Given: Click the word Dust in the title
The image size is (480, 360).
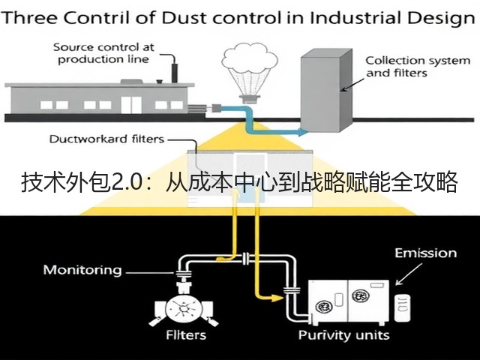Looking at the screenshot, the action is [x=184, y=18].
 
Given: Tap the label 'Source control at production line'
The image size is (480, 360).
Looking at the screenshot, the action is [x=103, y=53].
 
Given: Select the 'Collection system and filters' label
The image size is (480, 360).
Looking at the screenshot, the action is [x=418, y=67].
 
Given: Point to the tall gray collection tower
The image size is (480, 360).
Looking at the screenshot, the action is [x=326, y=90].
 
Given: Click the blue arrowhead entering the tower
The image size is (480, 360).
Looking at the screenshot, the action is [x=303, y=132].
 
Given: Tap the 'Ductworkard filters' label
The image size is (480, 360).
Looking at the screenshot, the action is [x=106, y=139].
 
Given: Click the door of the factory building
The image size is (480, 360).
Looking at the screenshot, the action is [x=131, y=105].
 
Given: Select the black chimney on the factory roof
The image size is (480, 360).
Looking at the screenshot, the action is [x=175, y=73].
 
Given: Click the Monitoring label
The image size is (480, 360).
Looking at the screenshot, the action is [x=82, y=270].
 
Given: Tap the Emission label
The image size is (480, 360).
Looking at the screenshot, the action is [x=425, y=253].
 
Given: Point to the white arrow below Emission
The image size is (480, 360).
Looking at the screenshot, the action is [x=409, y=274].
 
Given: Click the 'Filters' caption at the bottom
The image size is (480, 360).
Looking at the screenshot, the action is [x=186, y=335].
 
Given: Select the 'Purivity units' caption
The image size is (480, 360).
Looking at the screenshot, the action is [x=343, y=335].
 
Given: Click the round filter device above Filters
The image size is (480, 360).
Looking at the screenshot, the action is [x=184, y=310].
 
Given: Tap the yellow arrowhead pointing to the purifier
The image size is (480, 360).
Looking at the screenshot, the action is [x=277, y=298].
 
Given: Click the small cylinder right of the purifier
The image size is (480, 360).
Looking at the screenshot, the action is [x=402, y=307].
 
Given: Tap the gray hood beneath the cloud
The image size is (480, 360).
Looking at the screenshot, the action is [x=249, y=99].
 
